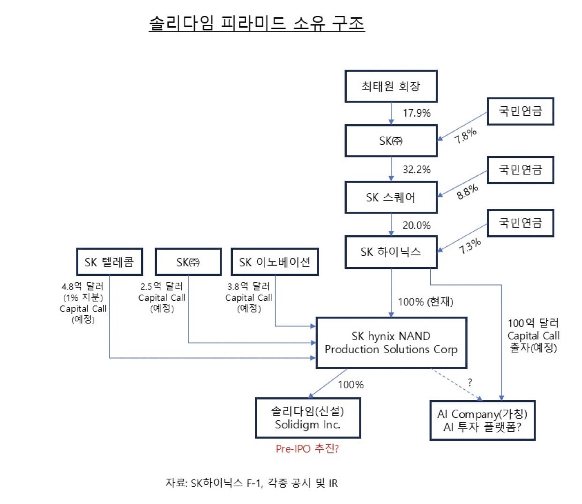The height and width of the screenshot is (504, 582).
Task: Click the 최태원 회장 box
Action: pyautogui.click(x=391, y=86)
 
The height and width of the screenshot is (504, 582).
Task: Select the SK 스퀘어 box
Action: pyautogui.click(x=391, y=197)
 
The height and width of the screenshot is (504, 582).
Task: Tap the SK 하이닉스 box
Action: pyautogui.click(x=391, y=252)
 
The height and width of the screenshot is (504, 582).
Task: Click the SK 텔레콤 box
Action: pyautogui.click(x=110, y=262)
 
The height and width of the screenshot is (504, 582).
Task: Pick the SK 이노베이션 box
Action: pyautogui.click(x=275, y=262)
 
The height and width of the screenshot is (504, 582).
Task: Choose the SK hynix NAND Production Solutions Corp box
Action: pyautogui.click(x=391, y=343)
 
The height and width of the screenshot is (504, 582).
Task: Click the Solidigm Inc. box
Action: pyautogui.click(x=308, y=418)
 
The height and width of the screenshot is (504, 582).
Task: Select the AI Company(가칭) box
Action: pyautogui.click(x=482, y=421)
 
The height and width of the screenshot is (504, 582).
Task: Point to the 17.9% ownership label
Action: pyautogui.click(x=417, y=113)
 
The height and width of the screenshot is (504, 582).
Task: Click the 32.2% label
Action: pyautogui.click(x=417, y=170)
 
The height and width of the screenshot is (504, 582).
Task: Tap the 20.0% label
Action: pyautogui.click(x=417, y=225)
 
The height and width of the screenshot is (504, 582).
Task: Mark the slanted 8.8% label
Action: pyautogui.click(x=467, y=192)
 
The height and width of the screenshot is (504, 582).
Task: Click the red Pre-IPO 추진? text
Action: pyautogui.click(x=307, y=449)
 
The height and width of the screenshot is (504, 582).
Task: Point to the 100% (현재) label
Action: pyautogui.click(x=425, y=302)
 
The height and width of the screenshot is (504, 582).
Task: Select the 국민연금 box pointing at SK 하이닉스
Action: pyautogui.click(x=521, y=223)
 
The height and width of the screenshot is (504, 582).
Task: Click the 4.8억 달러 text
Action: pyautogui.click(x=82, y=287)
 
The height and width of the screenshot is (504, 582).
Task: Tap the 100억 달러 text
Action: pyautogui.click(x=533, y=323)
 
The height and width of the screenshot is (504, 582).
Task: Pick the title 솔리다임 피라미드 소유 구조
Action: pyautogui.click(x=257, y=23)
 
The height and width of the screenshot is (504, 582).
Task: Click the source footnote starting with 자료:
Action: pyautogui.click(x=252, y=483)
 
